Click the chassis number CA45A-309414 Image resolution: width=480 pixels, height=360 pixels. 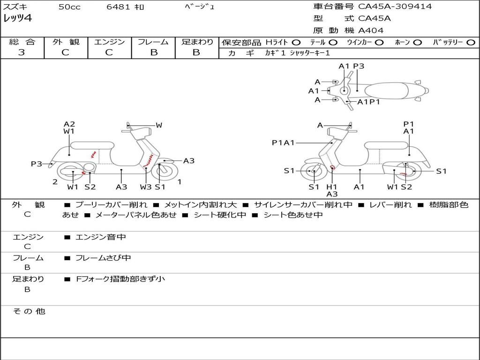click(x=395, y=7)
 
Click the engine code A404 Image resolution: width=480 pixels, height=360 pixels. click(x=371, y=30)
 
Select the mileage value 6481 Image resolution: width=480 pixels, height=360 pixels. click(x=119, y=7)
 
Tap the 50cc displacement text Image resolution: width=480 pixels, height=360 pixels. click(x=69, y=7)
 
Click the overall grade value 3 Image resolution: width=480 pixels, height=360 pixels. click(x=22, y=52)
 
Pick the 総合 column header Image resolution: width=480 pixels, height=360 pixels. click(x=22, y=42)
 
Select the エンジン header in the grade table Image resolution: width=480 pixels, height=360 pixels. click(x=109, y=42)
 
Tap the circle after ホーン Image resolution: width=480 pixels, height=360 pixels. click(x=417, y=42)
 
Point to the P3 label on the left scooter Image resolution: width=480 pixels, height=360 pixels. click(x=37, y=164)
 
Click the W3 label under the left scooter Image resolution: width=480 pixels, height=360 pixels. click(x=146, y=187)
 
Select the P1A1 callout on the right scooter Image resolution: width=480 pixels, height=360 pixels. click(x=283, y=142)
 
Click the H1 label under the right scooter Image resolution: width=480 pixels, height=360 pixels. click(x=332, y=187)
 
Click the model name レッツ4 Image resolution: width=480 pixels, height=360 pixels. click(x=18, y=19)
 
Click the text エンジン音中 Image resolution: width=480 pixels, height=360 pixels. click(x=101, y=237)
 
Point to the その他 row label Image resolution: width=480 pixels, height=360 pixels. click(x=29, y=311)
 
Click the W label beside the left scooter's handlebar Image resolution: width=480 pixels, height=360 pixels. click(x=159, y=125)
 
